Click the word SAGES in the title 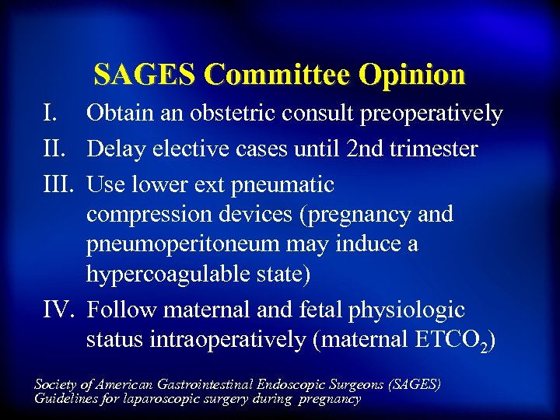point(145,75)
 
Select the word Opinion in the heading point(412,75)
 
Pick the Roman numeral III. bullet point(58,184)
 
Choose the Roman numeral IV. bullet point(58,310)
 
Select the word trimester point(435,149)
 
